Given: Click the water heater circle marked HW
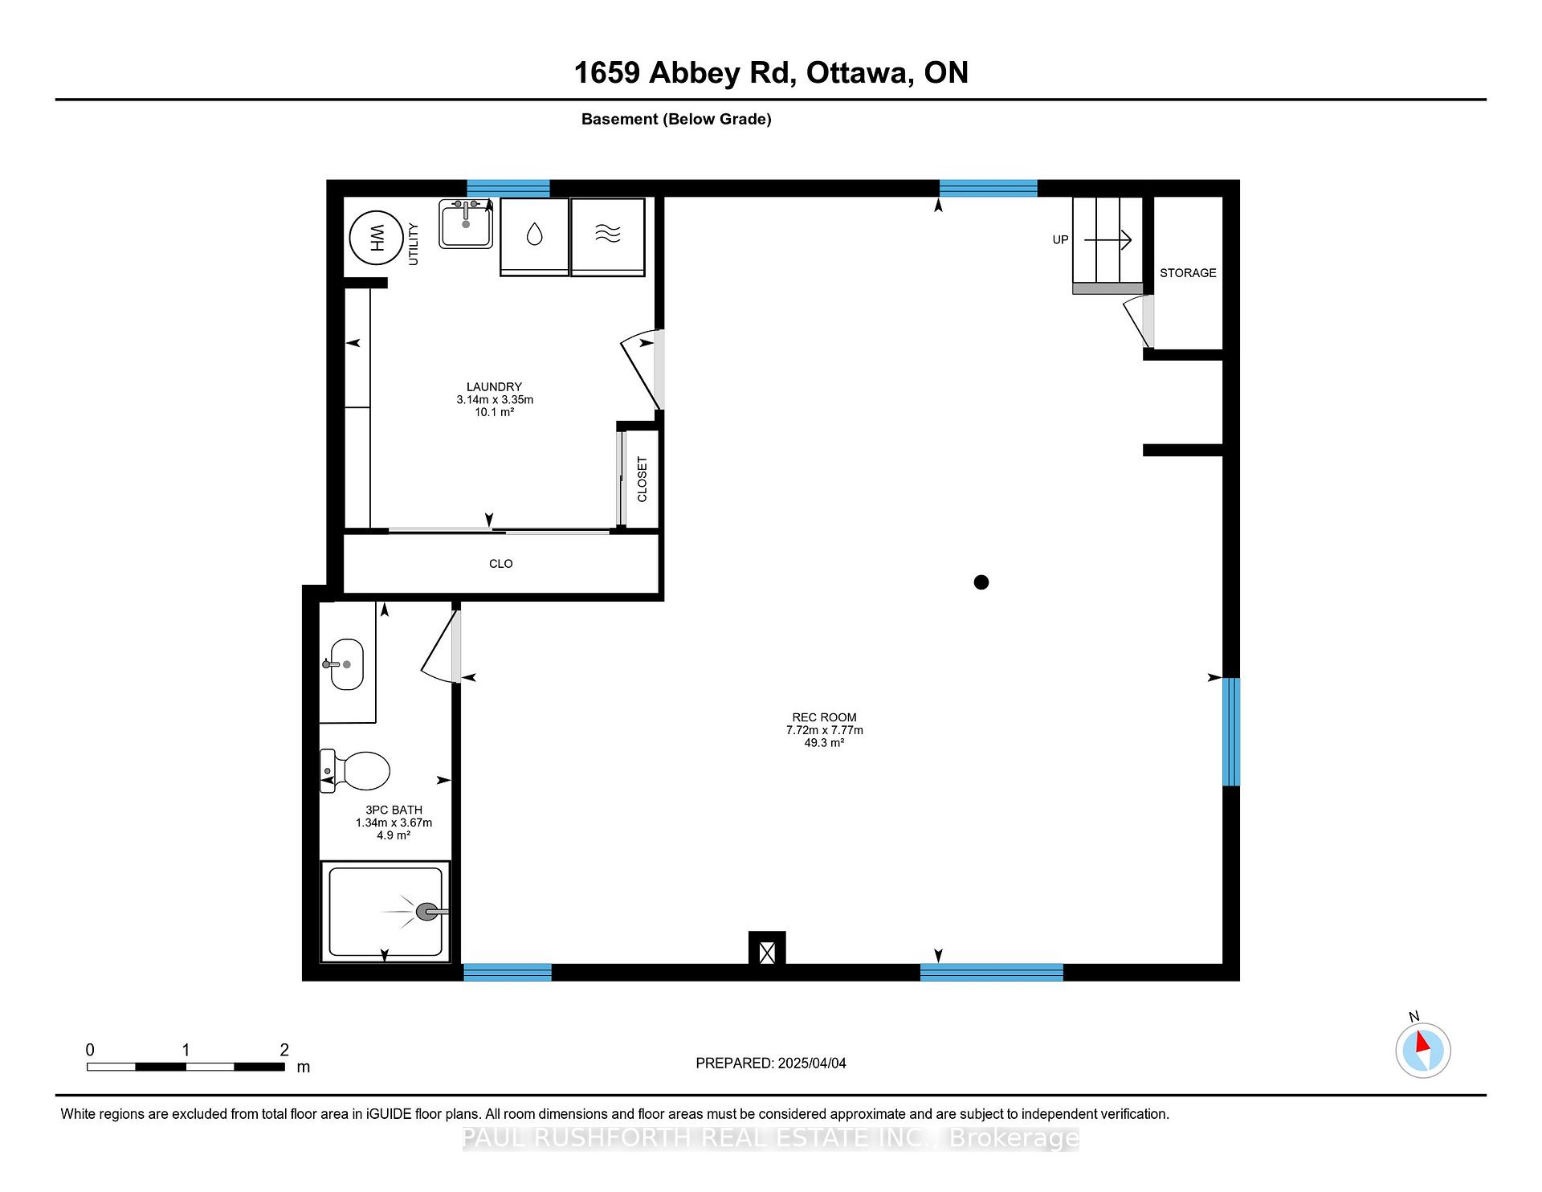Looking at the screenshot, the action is [376, 237].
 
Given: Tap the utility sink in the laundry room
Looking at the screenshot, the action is [466, 224].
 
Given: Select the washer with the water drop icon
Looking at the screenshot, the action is [534, 237].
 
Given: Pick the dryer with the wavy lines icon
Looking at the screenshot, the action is [608, 237].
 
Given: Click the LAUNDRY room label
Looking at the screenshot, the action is [495, 386].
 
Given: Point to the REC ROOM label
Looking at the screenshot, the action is [824, 717].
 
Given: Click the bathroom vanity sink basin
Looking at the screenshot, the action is [347, 664].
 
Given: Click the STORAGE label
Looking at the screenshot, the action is [1188, 273].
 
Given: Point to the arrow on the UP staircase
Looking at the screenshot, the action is [1108, 239].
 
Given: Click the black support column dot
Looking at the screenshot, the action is [981, 582].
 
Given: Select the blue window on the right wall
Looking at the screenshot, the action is [1231, 732].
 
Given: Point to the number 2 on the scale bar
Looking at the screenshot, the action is [284, 1050].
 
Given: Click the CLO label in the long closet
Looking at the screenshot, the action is [501, 564].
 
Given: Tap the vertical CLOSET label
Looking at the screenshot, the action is [642, 480].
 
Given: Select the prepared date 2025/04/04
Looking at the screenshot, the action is [812, 1063].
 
